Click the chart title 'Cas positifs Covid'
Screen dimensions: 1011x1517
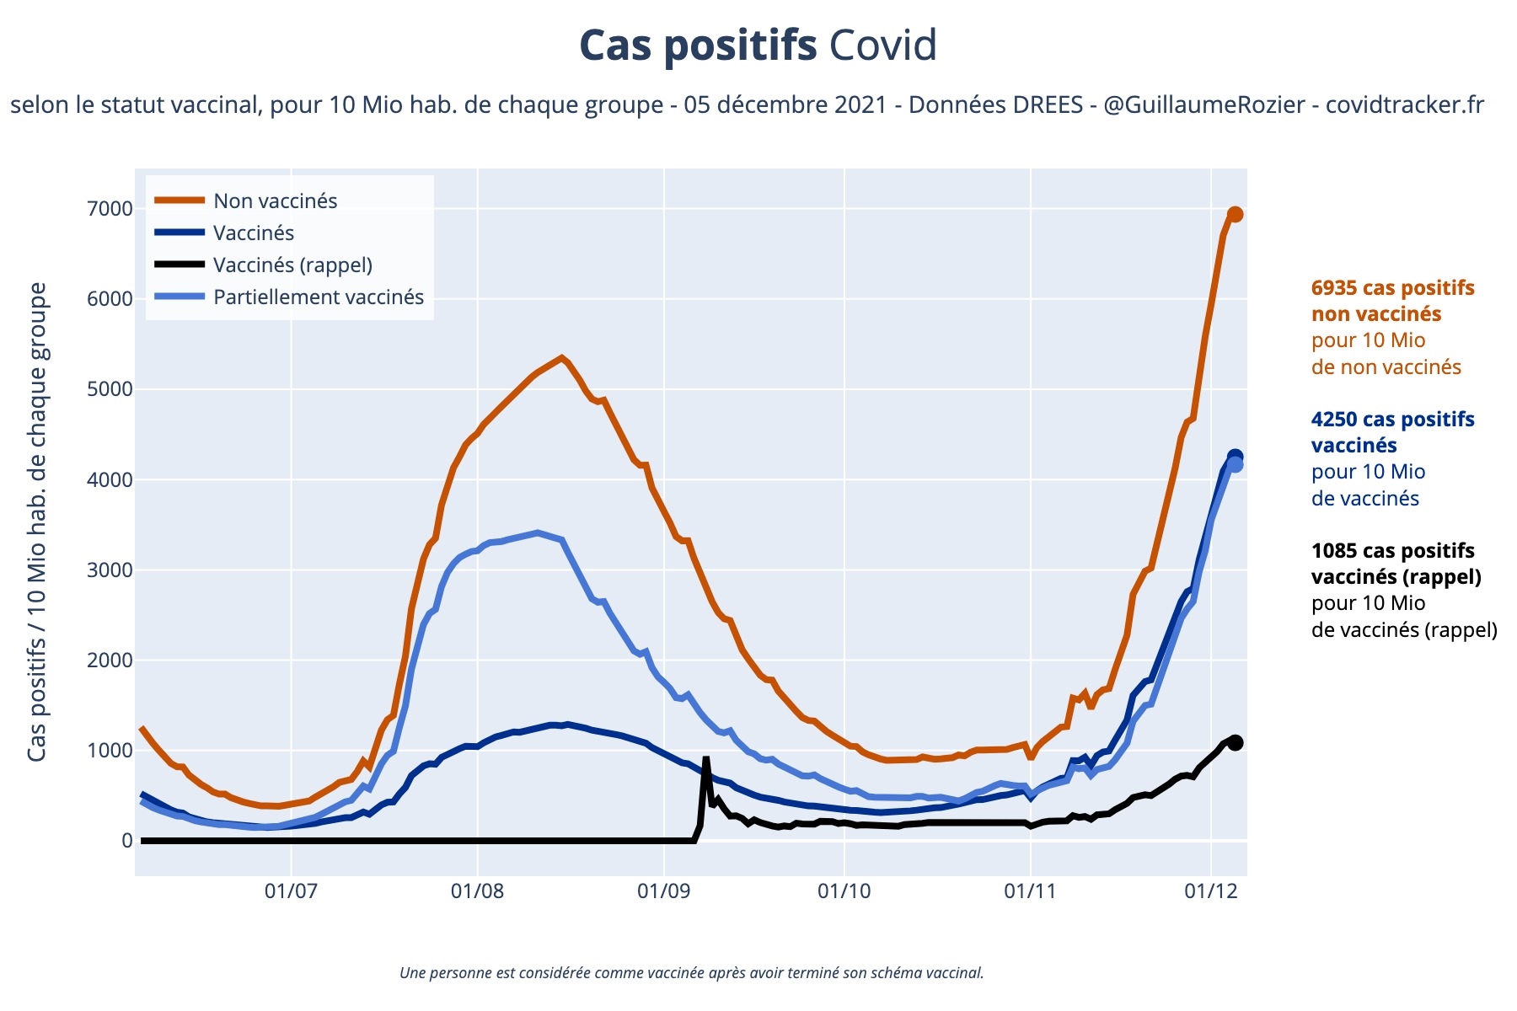tap(758, 45)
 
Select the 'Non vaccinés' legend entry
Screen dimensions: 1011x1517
tap(275, 201)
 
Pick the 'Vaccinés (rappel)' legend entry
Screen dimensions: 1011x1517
tap(292, 265)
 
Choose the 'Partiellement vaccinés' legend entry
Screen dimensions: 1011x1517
tap(318, 297)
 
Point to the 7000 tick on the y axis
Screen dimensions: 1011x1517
tap(110, 209)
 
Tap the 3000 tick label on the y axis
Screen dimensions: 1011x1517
tap(110, 570)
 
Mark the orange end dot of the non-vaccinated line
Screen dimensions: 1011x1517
tap(1235, 215)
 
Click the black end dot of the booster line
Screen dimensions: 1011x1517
tap(1235, 742)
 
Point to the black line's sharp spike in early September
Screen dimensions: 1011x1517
tap(705, 759)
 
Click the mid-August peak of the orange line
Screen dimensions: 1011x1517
tap(562, 358)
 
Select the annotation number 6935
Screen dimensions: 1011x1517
tap(1334, 288)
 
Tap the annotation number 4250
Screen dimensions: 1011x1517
tap(1334, 420)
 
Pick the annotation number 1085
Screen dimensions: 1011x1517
tap(1334, 551)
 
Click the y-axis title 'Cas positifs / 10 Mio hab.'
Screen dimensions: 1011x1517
tap(37, 522)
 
